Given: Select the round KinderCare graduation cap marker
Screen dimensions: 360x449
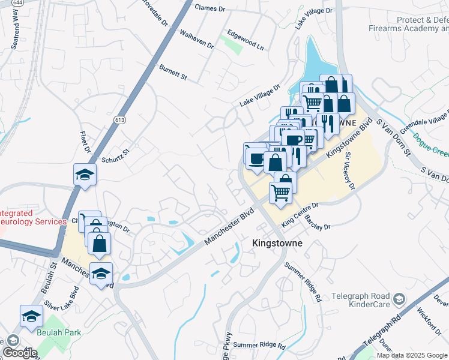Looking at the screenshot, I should [398, 299].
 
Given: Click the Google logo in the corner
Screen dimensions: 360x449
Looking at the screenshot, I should [20, 353].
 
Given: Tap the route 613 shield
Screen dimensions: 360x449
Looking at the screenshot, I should [115, 120].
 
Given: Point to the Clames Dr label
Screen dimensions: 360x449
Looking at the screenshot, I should [209, 7].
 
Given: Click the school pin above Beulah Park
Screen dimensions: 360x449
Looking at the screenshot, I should [31, 316].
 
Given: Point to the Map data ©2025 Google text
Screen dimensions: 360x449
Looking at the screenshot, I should [412, 355].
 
